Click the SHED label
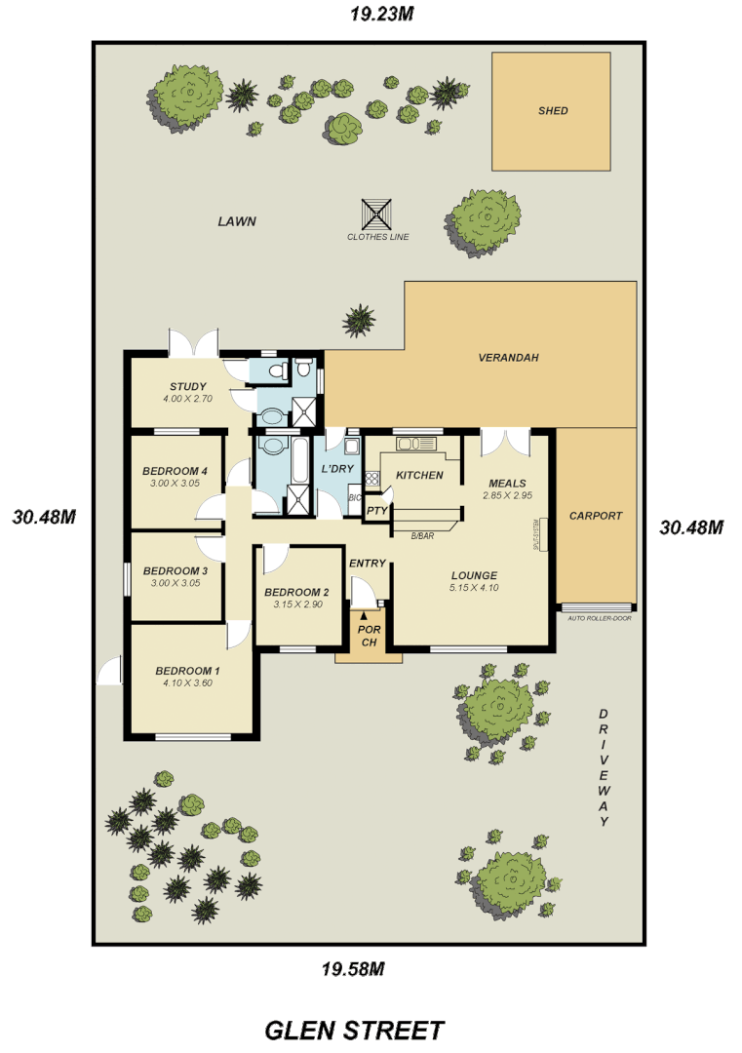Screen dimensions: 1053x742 tap(553, 111)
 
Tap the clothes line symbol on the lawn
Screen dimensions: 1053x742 tap(377, 213)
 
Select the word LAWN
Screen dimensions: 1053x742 tap(237, 221)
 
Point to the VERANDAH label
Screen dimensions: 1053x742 tap(508, 358)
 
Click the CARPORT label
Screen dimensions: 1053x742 tap(595, 516)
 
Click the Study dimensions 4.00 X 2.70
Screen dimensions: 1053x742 tap(187, 400)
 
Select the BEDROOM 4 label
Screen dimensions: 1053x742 tap(175, 470)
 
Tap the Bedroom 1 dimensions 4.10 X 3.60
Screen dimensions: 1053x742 tap(187, 682)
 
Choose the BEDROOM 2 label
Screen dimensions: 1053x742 tap(296, 592)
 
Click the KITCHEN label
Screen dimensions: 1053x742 tap(420, 476)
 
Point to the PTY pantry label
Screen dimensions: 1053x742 tap(376, 510)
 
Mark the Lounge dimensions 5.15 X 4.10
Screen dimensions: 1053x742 tap(474, 588)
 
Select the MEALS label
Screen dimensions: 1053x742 tap(506, 483)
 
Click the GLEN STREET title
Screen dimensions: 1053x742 tap(355, 1030)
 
